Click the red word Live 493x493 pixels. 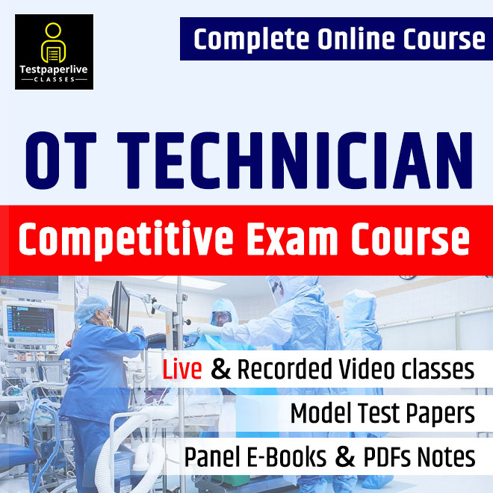184,370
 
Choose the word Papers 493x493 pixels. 438,413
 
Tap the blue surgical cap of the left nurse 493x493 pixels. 95,306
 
